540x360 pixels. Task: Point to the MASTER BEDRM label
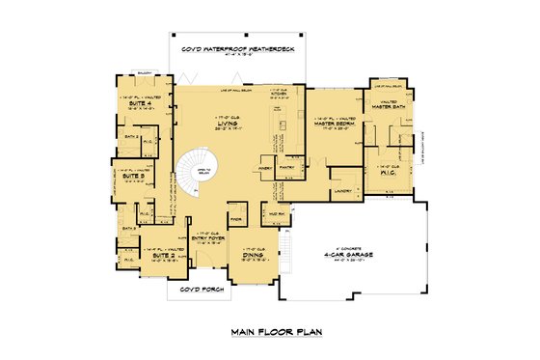[334, 123]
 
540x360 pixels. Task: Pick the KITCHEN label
[280, 94]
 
